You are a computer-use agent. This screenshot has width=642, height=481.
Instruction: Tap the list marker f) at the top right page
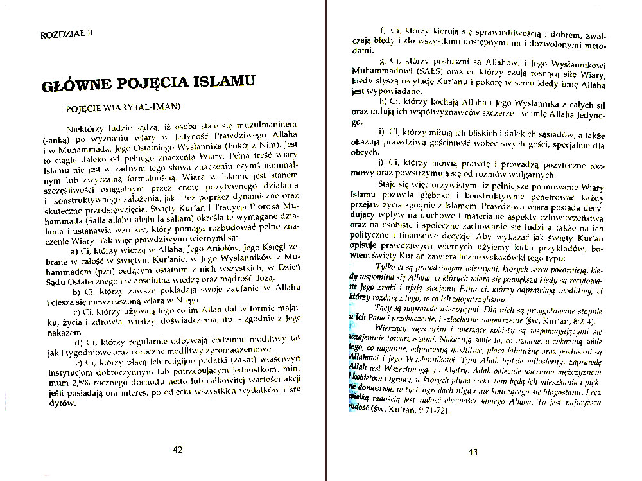[383, 31]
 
